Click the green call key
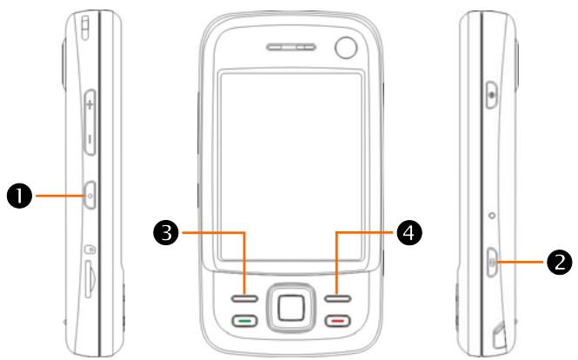[x=245, y=321]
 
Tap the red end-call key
[x=336, y=321]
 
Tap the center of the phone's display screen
[x=290, y=165]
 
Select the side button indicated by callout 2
[x=493, y=259]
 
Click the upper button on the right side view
[x=493, y=90]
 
